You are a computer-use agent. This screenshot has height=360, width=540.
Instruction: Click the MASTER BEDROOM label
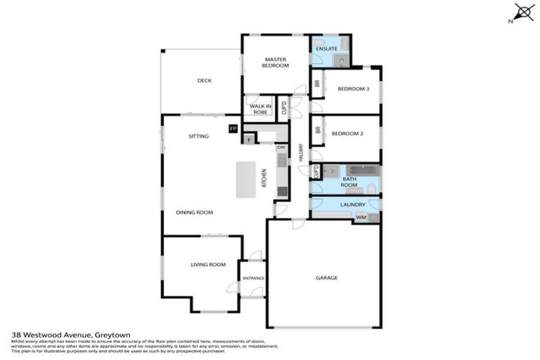tap(276, 62)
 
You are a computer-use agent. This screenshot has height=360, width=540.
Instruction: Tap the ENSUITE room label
tap(327, 49)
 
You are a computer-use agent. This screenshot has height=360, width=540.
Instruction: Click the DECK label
tap(204, 81)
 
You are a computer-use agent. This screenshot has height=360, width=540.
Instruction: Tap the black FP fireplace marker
tap(233, 129)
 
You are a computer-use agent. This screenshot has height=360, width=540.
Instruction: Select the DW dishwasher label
tap(281, 147)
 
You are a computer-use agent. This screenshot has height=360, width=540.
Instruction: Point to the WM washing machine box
tap(361, 217)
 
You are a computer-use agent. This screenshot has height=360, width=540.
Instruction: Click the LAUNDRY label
tap(353, 205)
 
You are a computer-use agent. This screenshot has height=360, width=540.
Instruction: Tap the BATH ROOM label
tap(350, 182)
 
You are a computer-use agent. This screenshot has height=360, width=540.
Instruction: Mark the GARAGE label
tap(326, 278)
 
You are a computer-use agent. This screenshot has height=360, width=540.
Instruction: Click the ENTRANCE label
tap(253, 278)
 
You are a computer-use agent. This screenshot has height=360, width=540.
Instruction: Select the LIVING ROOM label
tap(208, 264)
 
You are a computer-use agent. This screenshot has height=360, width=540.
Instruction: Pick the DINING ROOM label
tap(195, 212)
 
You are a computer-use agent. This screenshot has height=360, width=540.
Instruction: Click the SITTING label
tap(198, 136)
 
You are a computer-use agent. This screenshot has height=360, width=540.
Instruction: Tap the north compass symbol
tap(522, 13)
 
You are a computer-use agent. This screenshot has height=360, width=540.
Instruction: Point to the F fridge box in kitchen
tap(248, 139)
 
